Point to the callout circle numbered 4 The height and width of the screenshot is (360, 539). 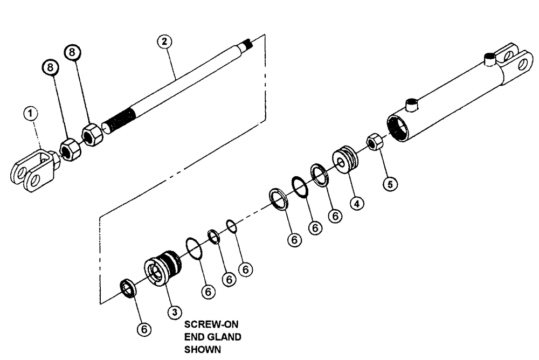tap(356, 204)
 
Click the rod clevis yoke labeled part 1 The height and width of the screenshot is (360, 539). tap(33, 171)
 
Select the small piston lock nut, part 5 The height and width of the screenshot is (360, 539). tap(375, 142)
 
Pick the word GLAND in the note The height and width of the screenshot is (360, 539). tap(223, 337)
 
